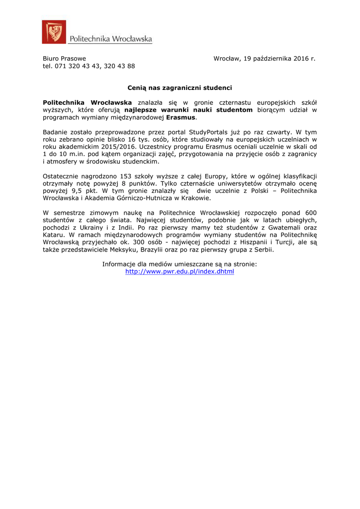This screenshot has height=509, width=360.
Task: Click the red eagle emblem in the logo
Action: [54, 32]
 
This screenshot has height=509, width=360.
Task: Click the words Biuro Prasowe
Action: [64, 59]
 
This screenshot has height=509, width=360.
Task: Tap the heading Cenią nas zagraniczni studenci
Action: [180, 88]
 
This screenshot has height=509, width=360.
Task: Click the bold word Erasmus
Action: [181, 117]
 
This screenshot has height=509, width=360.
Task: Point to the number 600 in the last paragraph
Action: [308, 213]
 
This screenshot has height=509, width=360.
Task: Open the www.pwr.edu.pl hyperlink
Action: [180, 272]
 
